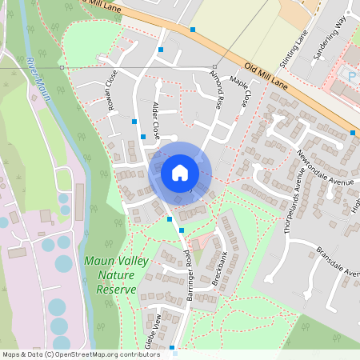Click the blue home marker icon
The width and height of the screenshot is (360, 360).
pos(180,173)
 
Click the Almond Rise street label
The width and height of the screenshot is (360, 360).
pos(215,90)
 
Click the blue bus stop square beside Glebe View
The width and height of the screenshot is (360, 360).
pos(174,348)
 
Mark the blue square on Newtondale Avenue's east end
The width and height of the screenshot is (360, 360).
pos(353,133)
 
